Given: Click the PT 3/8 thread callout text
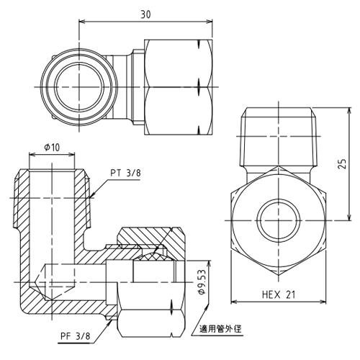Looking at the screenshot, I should click(x=125, y=173).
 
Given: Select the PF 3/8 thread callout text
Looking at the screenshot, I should click(x=76, y=336).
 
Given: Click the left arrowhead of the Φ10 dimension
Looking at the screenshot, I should click(x=31, y=155).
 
